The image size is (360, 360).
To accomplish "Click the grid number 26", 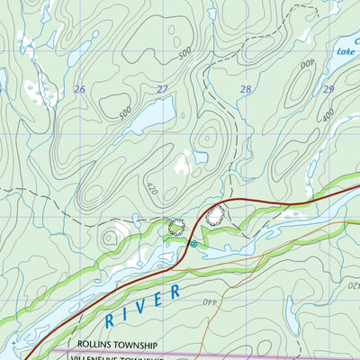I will point(79,89).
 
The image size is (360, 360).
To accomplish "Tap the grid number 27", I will point(162,89).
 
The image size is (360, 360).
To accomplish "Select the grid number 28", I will point(245,89).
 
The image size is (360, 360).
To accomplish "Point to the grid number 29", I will point(328,89).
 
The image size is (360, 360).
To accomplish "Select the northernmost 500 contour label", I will point(186,55).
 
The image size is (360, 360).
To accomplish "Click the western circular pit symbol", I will point(176,228).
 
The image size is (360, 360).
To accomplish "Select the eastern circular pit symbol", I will point(214,215).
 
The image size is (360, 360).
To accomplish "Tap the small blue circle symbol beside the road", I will point(193,243).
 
